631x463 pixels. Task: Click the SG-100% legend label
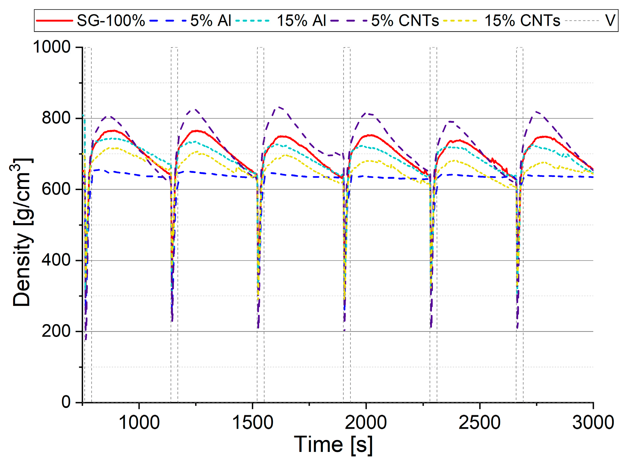tap(111, 21)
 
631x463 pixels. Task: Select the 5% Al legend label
tap(211, 21)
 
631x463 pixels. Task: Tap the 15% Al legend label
tap(301, 21)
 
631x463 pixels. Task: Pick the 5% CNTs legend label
tap(405, 21)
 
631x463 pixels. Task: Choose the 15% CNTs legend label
tap(522, 21)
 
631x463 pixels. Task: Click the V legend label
tap(610, 21)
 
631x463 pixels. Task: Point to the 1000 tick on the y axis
tap(52, 47)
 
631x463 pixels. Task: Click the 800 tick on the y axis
tap(56, 118)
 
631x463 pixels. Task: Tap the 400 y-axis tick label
tap(56, 260)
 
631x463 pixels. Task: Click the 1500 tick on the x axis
tap(252, 423)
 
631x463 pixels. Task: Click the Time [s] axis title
tap(333, 445)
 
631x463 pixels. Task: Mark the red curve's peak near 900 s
tap(113, 131)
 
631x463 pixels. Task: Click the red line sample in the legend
tap(54, 21)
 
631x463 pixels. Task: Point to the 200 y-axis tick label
tap(56, 331)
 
